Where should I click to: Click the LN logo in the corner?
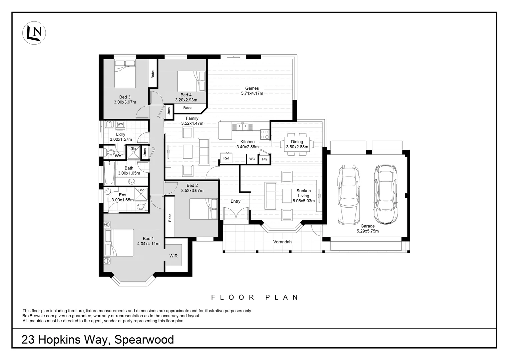[34, 33]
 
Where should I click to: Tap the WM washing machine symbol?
[120, 124]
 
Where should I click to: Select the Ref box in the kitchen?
[226, 158]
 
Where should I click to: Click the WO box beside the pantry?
[252, 159]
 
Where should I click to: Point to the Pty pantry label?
[264, 159]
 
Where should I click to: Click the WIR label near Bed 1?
[173, 256]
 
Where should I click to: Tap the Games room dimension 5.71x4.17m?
[252, 93]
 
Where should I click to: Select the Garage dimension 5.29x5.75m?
[367, 231]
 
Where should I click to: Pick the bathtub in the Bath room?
[109, 173]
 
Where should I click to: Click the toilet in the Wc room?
[109, 153]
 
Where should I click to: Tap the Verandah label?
[282, 242]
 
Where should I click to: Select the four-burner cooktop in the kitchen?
[265, 134]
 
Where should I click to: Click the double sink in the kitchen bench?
[243, 126]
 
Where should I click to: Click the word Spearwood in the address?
[144, 340]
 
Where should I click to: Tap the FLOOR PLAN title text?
[255, 297]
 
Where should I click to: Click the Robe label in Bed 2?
[170, 218]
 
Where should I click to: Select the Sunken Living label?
[303, 193]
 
